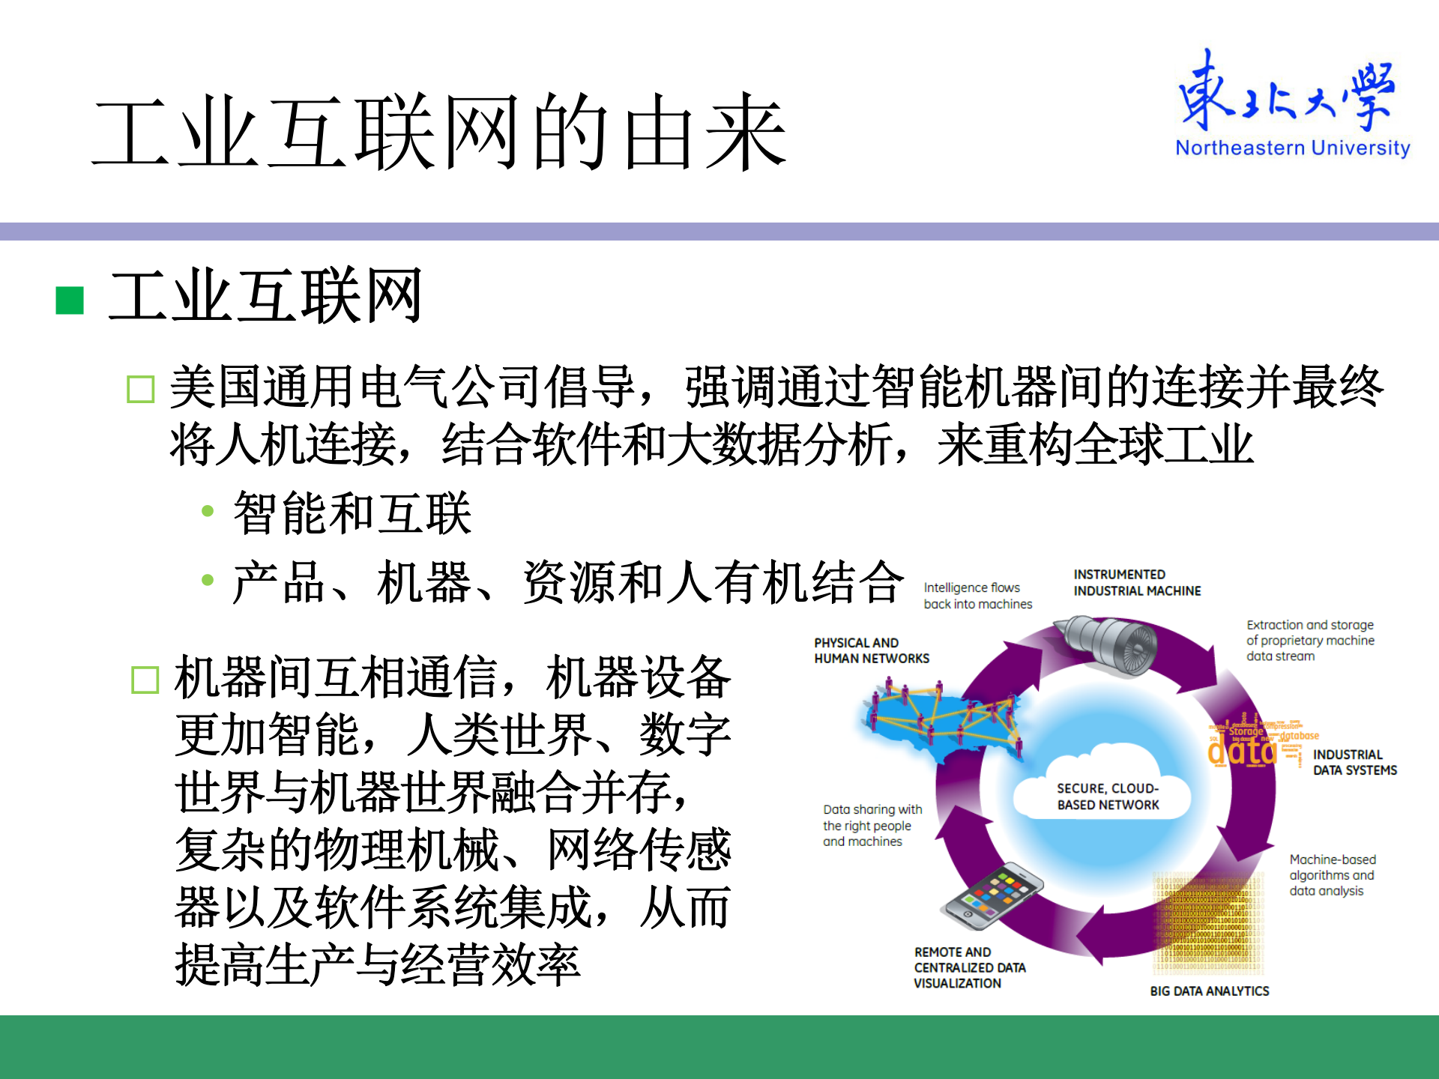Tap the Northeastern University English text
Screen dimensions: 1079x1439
1292,148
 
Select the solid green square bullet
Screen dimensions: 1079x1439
70,300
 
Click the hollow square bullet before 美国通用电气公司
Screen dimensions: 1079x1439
141,390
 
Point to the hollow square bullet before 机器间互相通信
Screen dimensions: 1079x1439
145,680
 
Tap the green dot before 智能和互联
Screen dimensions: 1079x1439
208,512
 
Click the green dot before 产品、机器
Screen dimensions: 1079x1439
208,580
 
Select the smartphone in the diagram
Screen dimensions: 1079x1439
992,895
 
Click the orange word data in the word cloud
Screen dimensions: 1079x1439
1242,750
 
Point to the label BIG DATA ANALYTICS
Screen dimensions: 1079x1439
1209,991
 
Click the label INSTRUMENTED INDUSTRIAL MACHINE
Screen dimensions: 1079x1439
1136,583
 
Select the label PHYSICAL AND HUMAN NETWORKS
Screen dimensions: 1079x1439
871,650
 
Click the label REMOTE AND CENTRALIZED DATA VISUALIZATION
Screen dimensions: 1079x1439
968,967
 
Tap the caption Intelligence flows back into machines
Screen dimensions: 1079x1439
977,596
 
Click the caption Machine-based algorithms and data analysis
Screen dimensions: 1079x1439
1332,875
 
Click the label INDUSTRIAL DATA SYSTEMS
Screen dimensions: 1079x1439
1354,762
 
